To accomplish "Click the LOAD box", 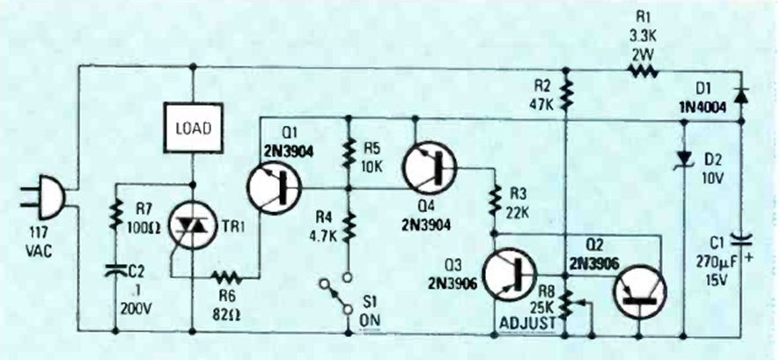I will click(x=192, y=129).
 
